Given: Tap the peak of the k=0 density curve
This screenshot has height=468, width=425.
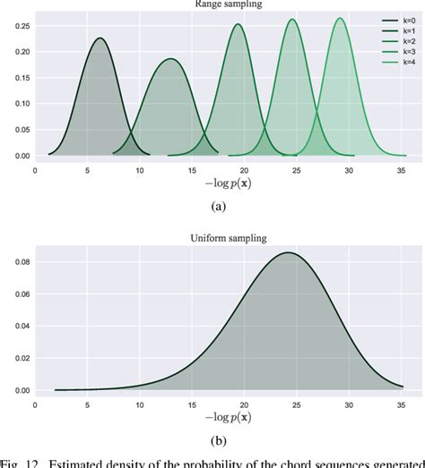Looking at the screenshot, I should tap(100, 38).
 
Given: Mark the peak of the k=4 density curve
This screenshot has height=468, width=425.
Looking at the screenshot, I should tap(339, 18).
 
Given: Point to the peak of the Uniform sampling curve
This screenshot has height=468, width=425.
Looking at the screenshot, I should tap(288, 252).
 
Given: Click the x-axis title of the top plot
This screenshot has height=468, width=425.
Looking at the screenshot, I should tap(228, 183).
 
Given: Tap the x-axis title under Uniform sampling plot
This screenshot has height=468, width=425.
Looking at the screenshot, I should tap(228, 418).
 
